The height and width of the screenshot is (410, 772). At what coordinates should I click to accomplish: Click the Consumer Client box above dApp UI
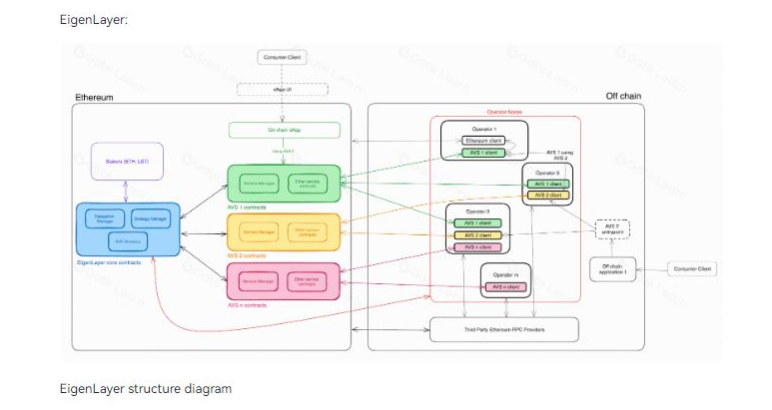tap(283, 58)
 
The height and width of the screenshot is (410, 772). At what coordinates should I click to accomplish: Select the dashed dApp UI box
tap(283, 90)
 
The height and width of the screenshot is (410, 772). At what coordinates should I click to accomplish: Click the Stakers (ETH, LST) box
tap(127, 162)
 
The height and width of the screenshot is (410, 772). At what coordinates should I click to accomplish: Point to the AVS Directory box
tap(126, 241)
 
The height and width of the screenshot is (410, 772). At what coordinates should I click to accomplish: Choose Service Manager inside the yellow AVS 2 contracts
tap(258, 232)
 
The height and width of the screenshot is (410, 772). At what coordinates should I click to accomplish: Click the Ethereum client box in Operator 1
tap(483, 141)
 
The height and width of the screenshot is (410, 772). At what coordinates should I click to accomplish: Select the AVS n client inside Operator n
tap(506, 287)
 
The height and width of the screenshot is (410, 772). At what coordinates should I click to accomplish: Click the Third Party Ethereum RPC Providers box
tap(503, 328)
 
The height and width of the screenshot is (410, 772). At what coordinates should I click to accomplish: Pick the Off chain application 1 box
tap(612, 268)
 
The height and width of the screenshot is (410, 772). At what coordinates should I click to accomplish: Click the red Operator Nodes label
tap(504, 113)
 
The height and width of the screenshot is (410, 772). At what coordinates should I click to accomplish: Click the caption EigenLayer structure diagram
tap(146, 388)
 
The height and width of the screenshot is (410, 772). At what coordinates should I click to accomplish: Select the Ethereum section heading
tap(94, 97)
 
